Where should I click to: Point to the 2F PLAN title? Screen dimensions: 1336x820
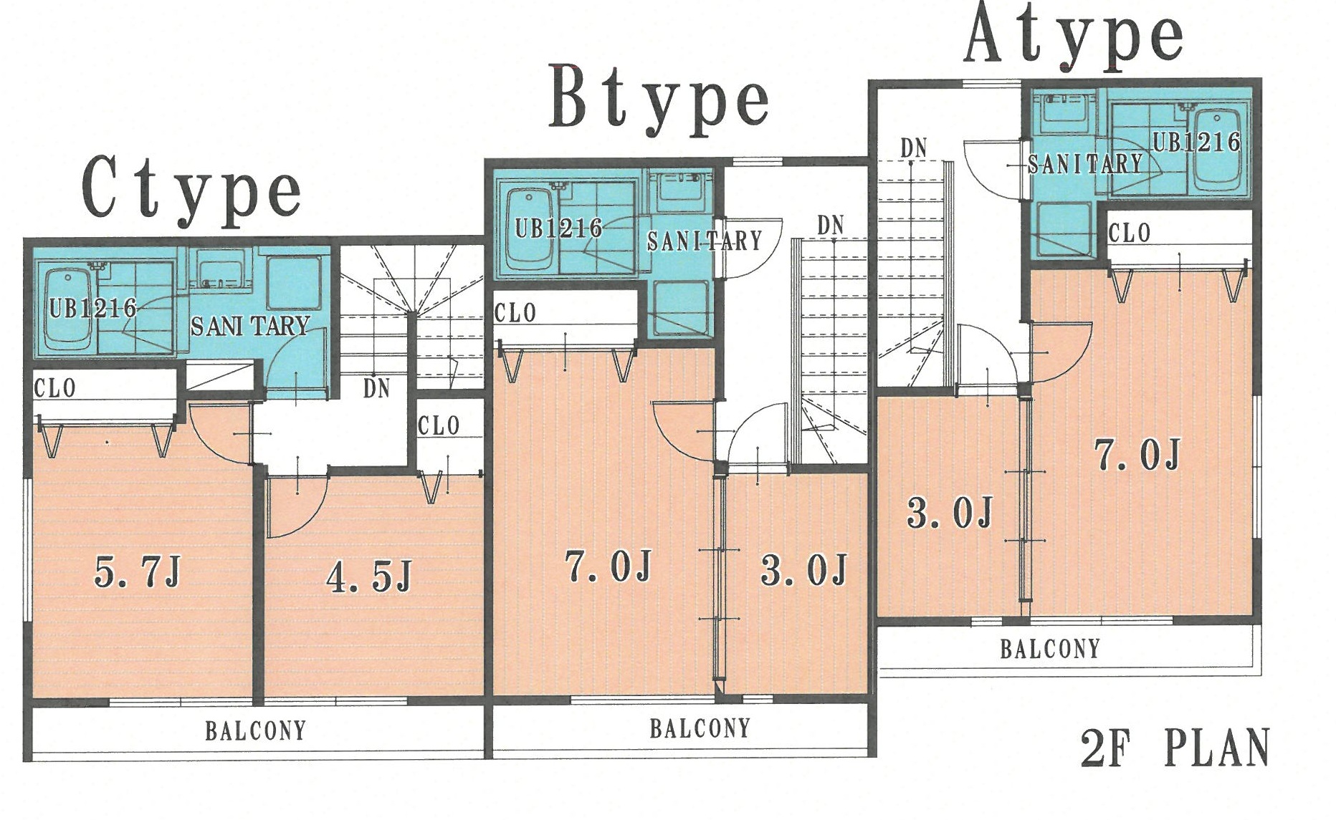(x=1175, y=748)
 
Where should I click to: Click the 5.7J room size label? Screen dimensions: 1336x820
(x=138, y=572)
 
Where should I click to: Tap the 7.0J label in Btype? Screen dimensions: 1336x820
(x=609, y=566)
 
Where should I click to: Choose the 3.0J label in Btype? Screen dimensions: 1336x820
(x=804, y=570)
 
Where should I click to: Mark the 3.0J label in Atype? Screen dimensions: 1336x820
(x=950, y=513)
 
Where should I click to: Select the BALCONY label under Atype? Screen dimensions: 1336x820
(x=1050, y=649)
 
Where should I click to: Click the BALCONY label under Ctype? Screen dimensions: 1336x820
(x=256, y=730)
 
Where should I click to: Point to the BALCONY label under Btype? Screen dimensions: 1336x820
(x=700, y=728)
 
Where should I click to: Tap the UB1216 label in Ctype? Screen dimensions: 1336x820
(x=93, y=308)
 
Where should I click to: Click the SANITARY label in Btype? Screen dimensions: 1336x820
(x=705, y=241)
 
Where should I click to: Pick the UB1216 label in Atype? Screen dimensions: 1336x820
(x=1196, y=141)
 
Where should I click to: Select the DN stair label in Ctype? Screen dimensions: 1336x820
(x=376, y=388)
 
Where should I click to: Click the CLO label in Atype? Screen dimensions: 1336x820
(x=1130, y=233)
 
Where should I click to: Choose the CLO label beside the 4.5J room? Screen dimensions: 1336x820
(x=439, y=425)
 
